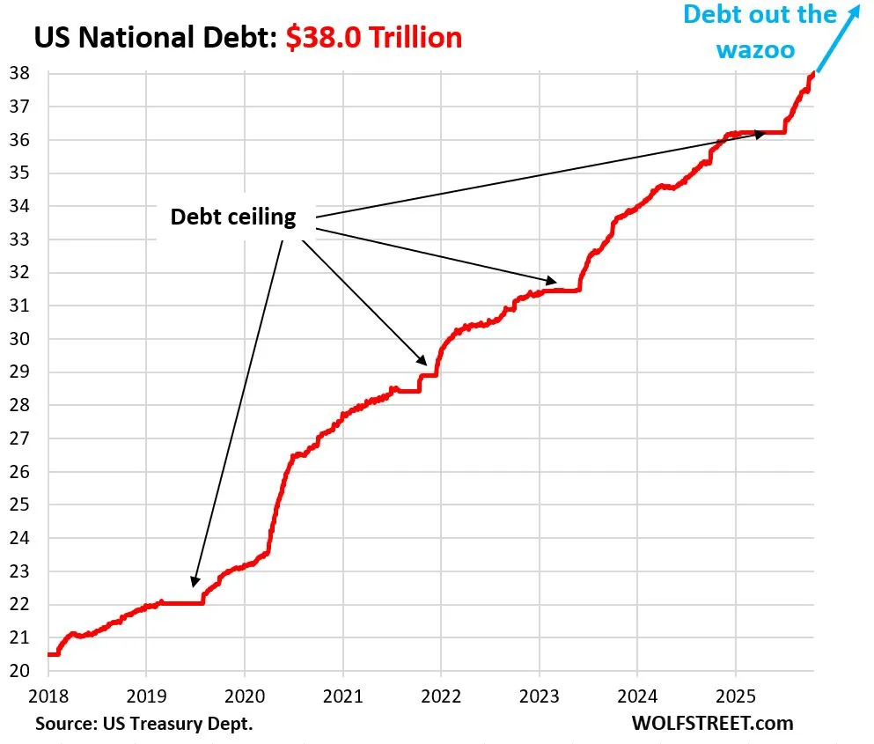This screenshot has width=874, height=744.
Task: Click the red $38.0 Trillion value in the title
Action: [373, 37]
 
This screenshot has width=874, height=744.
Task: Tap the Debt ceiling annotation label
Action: [232, 217]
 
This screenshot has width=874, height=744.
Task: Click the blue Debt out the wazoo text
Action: [760, 30]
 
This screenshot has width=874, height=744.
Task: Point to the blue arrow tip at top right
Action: [857, 7]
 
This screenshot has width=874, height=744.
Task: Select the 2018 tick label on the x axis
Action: [48, 696]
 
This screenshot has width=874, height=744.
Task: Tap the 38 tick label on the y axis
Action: [19, 74]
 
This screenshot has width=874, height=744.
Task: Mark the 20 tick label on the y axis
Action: [19, 671]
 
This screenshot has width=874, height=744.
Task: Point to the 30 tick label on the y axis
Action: [19, 339]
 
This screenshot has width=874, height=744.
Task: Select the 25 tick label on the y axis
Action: [19, 505]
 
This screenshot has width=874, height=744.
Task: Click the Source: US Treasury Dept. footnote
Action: [144, 724]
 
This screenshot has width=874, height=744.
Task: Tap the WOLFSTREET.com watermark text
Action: [712, 724]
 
